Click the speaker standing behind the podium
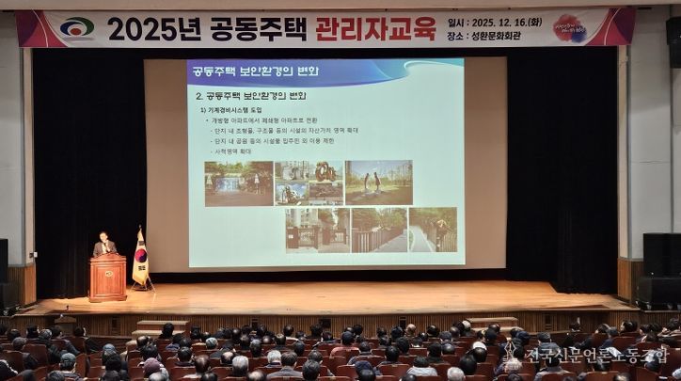[x=104, y=246]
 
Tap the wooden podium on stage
[x=107, y=278]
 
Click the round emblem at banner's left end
[x=77, y=29]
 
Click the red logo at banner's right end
[x=570, y=29]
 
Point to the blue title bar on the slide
[x=325, y=72]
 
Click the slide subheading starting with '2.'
[x=250, y=96]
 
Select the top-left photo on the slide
[x=238, y=183]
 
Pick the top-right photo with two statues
[x=378, y=183]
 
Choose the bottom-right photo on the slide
[x=432, y=230]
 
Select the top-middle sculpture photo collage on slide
[x=309, y=183]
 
